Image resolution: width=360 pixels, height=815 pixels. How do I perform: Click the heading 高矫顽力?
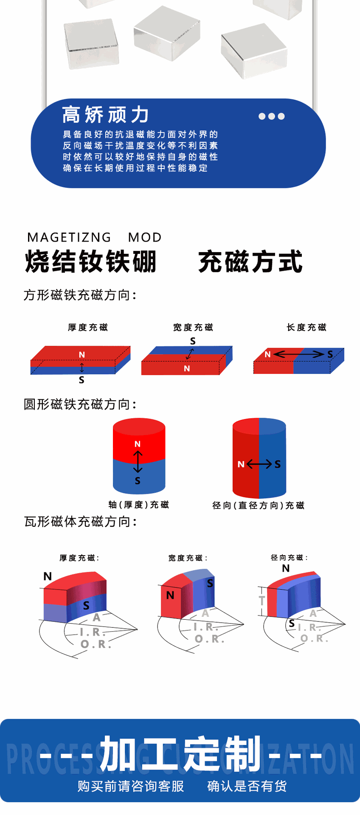tap(105, 115)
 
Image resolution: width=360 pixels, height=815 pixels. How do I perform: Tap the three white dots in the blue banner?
tap(272, 116)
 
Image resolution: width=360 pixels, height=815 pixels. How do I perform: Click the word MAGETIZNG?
tap(69, 237)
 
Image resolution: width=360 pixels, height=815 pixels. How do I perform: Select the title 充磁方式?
tap(250, 261)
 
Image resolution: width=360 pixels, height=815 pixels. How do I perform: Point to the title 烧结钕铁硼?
tap(91, 261)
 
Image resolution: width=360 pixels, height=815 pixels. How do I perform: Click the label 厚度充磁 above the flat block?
tap(88, 327)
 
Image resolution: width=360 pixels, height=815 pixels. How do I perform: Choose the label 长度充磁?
tap(307, 327)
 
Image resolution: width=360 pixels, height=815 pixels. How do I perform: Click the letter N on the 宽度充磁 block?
tap(187, 368)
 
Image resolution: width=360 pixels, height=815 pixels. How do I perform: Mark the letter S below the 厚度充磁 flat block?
tap(82, 380)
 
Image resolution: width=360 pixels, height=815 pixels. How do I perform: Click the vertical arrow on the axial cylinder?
tap(138, 462)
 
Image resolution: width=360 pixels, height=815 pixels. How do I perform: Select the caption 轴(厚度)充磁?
tap(139, 504)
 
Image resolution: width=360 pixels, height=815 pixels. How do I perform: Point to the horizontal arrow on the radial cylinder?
tap(259, 464)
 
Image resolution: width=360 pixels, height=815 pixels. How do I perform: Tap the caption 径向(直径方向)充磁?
tap(258, 505)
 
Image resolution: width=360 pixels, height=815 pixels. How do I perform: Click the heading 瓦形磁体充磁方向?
tap(81, 522)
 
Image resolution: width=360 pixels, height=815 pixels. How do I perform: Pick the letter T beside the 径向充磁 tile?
tap(262, 601)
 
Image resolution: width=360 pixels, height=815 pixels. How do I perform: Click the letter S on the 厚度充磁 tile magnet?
tap(86, 605)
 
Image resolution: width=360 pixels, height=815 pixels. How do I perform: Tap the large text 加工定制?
tap(180, 753)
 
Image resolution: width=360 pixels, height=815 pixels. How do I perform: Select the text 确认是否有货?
tap(247, 786)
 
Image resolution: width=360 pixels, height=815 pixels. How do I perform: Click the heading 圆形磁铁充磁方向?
tap(80, 405)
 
